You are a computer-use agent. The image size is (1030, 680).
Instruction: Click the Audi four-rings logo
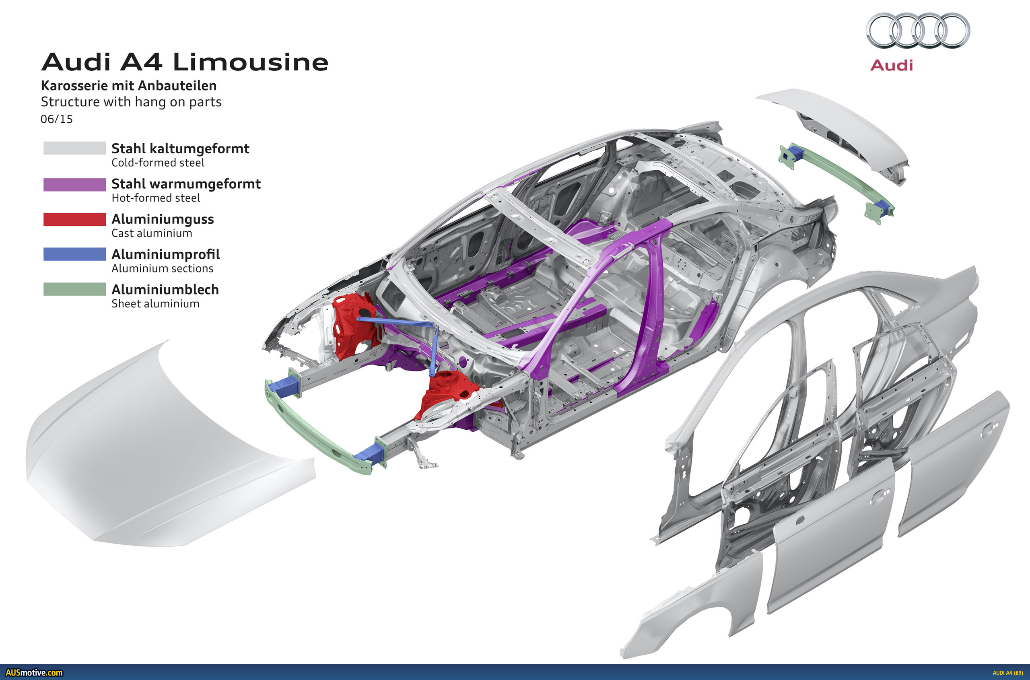pos(918,30)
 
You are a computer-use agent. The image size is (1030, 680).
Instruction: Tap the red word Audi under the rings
pos(891,65)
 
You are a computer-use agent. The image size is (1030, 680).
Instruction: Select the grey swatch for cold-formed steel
pos(74,148)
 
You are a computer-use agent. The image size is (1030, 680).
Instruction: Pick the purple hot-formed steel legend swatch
pos(74,184)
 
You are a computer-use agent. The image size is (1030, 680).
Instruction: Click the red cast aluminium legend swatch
pos(74,219)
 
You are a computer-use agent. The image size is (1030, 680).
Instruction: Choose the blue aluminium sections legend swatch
pos(74,254)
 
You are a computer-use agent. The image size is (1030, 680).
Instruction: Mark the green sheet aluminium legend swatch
pos(74,289)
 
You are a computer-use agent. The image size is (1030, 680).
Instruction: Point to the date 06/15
pos(57,119)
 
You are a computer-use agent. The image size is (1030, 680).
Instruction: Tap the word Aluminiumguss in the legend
pos(163,219)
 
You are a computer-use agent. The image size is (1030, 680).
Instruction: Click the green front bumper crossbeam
pos(317,434)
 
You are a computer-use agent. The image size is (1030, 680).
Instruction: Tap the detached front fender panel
pos(694,607)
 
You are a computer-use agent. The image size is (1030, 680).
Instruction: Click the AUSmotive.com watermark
pos(34,673)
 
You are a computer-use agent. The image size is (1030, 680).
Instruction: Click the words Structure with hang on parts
pos(131,102)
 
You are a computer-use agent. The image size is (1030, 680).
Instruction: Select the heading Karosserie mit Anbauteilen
pos(129,85)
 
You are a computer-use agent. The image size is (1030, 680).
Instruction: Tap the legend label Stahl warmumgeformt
pos(186,184)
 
